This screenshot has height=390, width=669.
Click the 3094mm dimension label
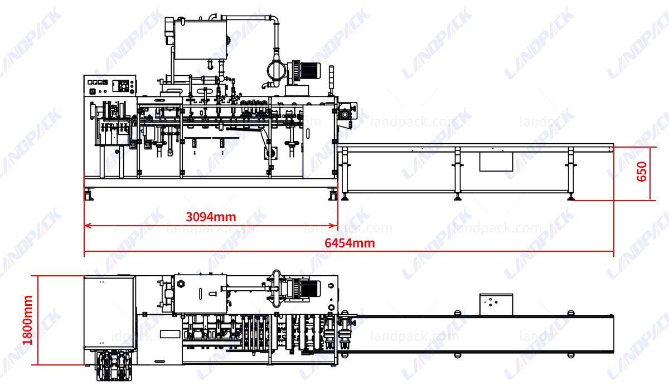point(211,217)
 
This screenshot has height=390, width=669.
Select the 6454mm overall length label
point(350,243)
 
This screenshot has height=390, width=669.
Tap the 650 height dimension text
point(642,173)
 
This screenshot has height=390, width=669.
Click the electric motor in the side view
point(308,70)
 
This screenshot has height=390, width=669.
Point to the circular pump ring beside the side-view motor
point(275,71)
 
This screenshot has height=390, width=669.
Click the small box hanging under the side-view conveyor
point(496,162)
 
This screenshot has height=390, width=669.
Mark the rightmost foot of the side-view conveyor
point(570,196)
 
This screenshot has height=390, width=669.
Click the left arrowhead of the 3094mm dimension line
point(86,226)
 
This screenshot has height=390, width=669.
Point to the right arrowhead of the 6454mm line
point(611,251)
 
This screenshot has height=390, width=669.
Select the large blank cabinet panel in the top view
point(109,312)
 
